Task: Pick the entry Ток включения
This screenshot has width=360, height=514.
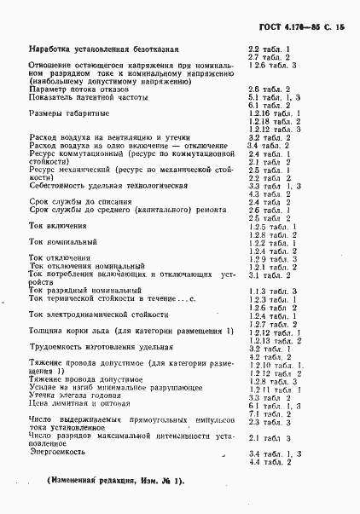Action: pyautogui.click(x=57, y=226)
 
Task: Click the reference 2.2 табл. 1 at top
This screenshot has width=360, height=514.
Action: pyautogui.click(x=270, y=49)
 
